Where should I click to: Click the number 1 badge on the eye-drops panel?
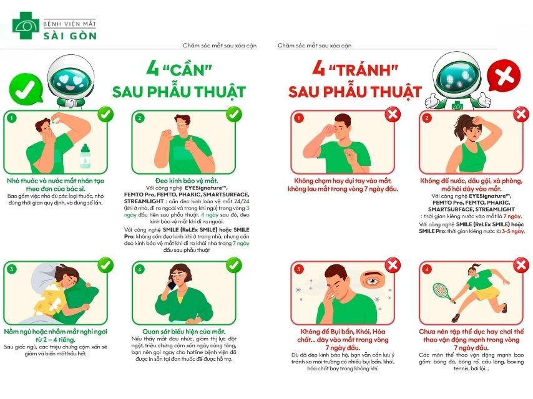click(x=11, y=117)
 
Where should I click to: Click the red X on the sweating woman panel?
click(x=521, y=114)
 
